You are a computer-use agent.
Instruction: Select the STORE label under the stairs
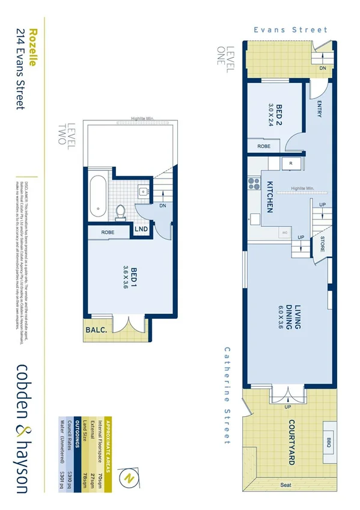(x=322, y=244)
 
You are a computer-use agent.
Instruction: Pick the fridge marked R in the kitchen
(x=290, y=163)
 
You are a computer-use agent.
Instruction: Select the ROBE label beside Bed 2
(x=263, y=146)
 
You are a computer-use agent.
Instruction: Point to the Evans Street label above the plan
(x=290, y=29)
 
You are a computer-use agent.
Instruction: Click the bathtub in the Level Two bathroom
(x=97, y=197)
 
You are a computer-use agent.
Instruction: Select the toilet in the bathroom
(x=120, y=211)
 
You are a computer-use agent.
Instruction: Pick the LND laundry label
(x=141, y=230)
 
